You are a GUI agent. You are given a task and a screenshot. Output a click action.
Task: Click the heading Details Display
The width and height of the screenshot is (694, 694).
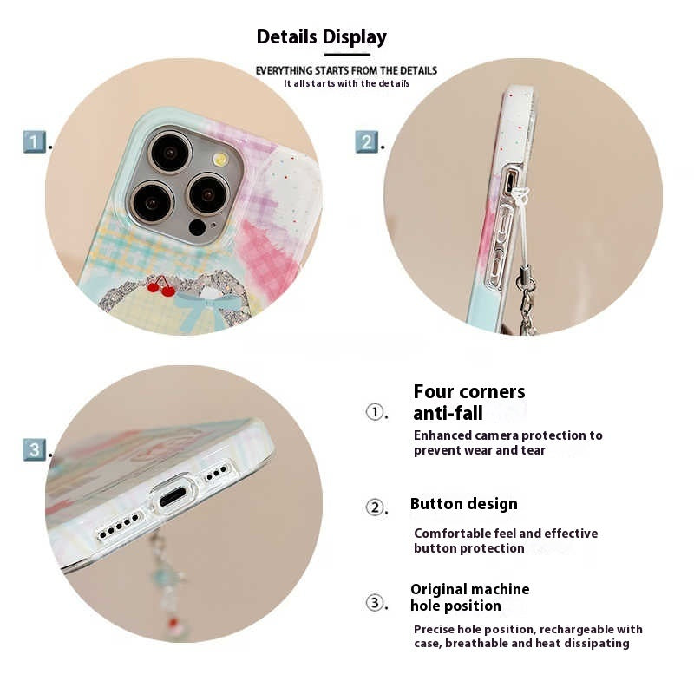coord(321,37)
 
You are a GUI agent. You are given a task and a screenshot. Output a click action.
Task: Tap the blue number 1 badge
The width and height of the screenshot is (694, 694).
coord(34,141)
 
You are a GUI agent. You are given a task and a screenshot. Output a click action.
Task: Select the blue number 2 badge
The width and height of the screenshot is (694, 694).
coord(366,141)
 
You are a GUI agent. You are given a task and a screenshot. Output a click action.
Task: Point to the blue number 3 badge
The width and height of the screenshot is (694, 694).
coord(34,449)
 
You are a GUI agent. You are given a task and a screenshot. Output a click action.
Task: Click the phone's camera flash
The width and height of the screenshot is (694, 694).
coord(220,159)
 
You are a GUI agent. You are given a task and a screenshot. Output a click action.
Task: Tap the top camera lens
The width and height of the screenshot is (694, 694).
coord(169,152)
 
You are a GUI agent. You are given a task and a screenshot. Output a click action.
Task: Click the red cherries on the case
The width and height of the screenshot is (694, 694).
coord(160,287)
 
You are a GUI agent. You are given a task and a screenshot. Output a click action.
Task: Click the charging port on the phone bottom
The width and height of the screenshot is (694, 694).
coord(173,496)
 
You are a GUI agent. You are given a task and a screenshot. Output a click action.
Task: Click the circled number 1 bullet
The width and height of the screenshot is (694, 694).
coord(375,412)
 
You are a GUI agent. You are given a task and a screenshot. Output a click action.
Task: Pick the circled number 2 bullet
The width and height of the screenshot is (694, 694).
coord(375,507)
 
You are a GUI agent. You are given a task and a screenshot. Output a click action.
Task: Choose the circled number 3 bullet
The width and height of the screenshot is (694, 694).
coord(375,602)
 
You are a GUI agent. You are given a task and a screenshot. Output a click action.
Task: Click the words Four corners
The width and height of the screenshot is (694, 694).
coord(469,392)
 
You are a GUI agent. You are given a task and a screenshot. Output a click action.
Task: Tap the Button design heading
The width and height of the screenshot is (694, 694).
coord(463,504)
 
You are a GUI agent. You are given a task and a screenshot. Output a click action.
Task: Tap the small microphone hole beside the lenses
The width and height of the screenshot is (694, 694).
coord(197,227)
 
